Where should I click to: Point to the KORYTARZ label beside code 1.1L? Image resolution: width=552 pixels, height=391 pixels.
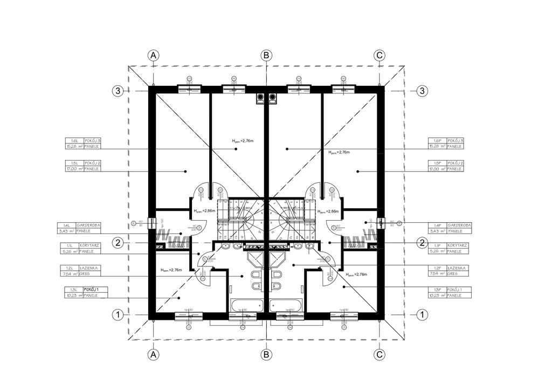click(x=89, y=245)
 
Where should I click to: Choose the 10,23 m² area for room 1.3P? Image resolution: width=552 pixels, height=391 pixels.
click(x=436, y=296)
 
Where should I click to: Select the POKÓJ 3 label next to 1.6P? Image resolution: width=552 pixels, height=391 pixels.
click(x=455, y=141)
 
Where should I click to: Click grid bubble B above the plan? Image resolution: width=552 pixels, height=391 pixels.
click(x=266, y=55)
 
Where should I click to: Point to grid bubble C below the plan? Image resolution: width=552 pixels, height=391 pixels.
click(x=379, y=354)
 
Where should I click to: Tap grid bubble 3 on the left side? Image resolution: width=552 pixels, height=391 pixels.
click(x=118, y=91)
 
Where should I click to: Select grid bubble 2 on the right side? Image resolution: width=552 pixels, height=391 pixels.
click(x=423, y=243)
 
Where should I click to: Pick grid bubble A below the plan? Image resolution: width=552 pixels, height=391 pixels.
click(x=154, y=354)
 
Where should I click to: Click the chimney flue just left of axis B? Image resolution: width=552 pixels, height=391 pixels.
click(x=260, y=98)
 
